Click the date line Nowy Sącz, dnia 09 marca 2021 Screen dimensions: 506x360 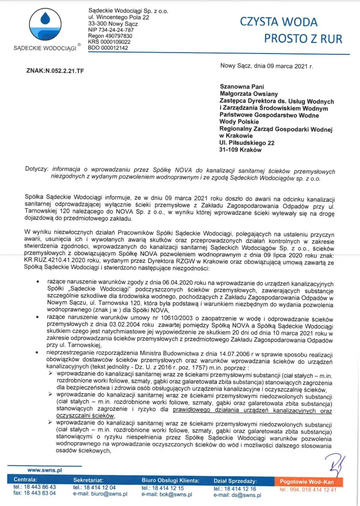tap(266, 66)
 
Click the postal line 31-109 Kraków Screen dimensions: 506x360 tap(241, 150)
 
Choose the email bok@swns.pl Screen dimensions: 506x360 tap(167, 494)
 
